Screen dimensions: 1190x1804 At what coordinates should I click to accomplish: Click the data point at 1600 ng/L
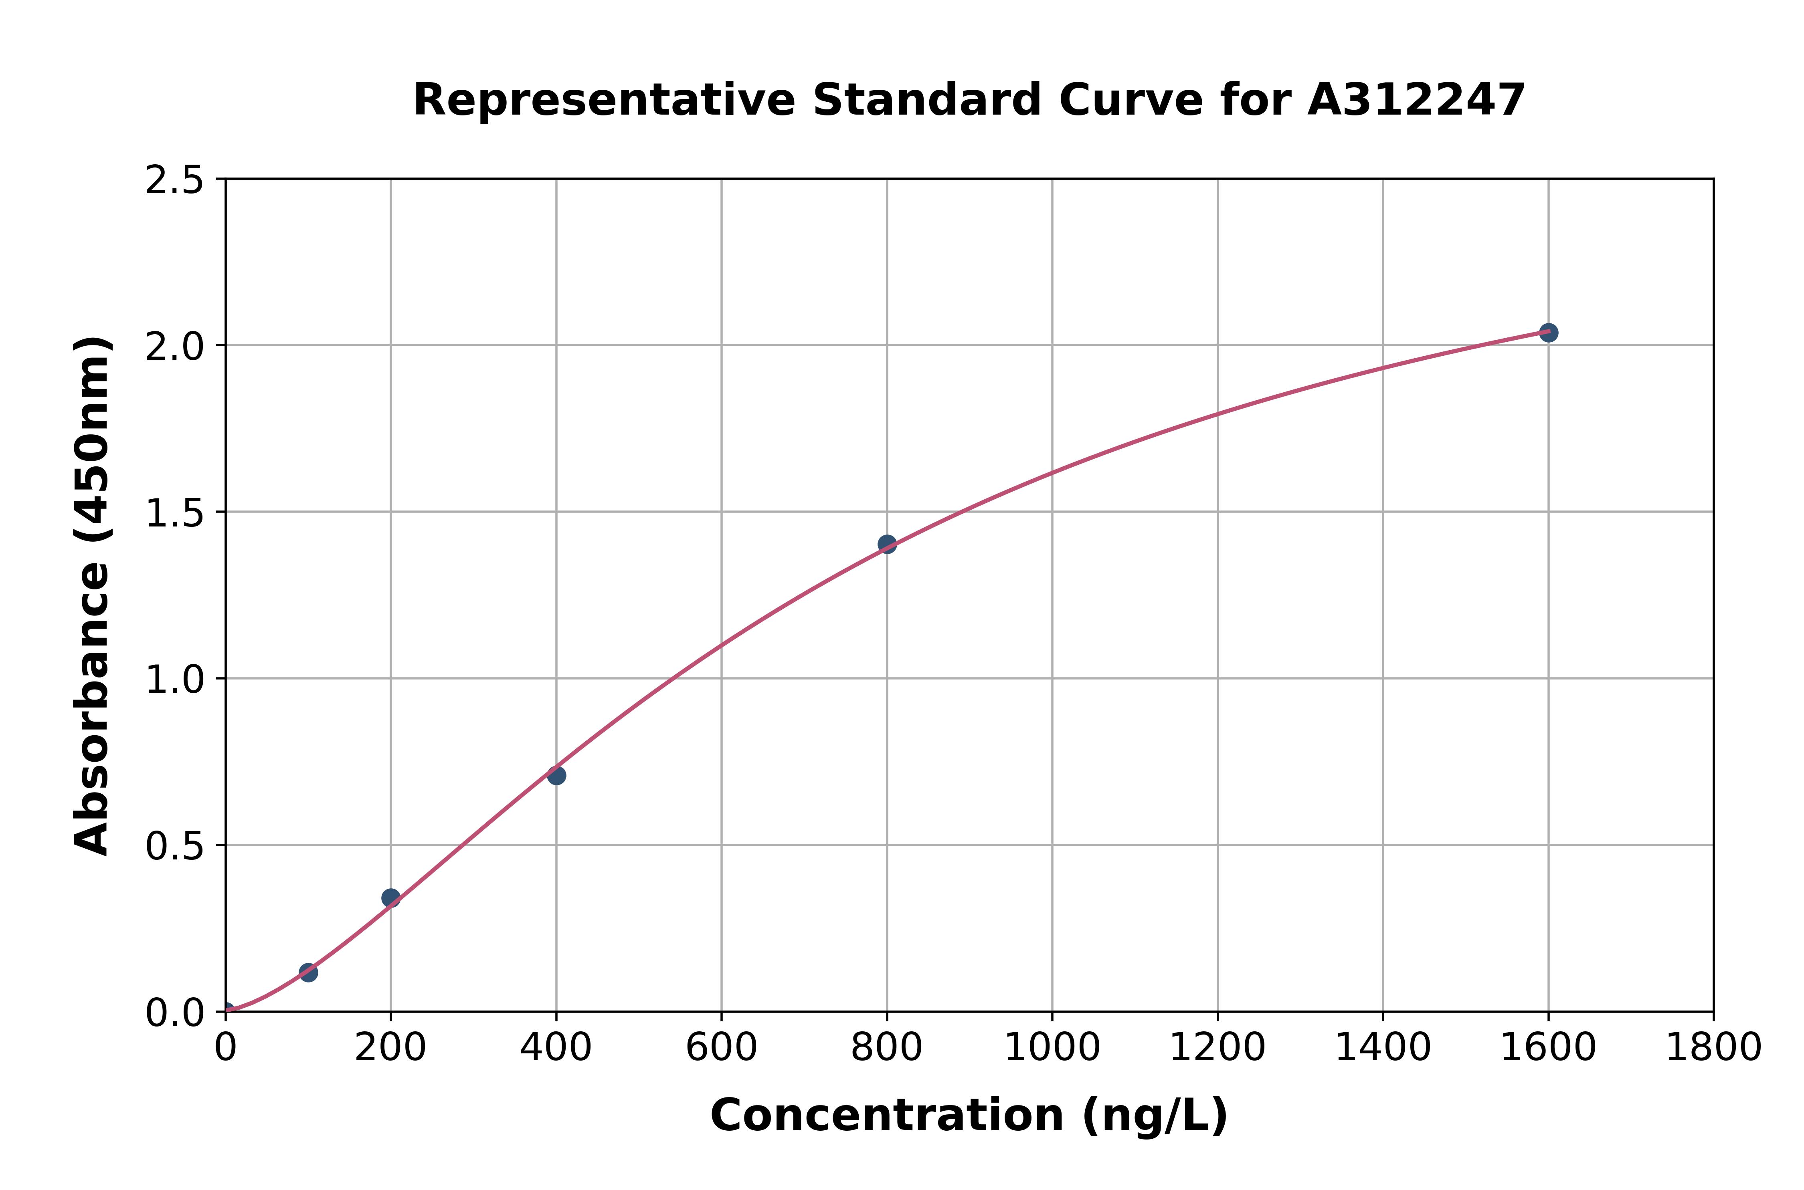tap(1548, 333)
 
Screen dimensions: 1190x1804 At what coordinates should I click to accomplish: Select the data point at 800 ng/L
tap(887, 544)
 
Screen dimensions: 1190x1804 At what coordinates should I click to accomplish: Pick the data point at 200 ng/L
tap(390, 898)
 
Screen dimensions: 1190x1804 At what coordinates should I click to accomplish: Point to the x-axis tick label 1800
tap(1713, 1048)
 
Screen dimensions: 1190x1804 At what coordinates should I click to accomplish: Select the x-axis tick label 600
tap(721, 1048)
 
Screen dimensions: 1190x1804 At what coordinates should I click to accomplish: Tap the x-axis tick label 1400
tap(1383, 1048)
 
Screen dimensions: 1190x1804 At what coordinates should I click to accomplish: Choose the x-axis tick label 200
tap(390, 1048)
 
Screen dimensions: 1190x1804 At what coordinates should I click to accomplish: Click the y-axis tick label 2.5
tap(175, 181)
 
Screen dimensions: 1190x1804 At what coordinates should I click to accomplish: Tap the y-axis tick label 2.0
tap(175, 347)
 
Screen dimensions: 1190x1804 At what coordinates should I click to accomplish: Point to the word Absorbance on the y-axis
tap(93, 713)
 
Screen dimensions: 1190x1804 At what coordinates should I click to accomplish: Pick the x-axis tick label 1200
tap(1217, 1048)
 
